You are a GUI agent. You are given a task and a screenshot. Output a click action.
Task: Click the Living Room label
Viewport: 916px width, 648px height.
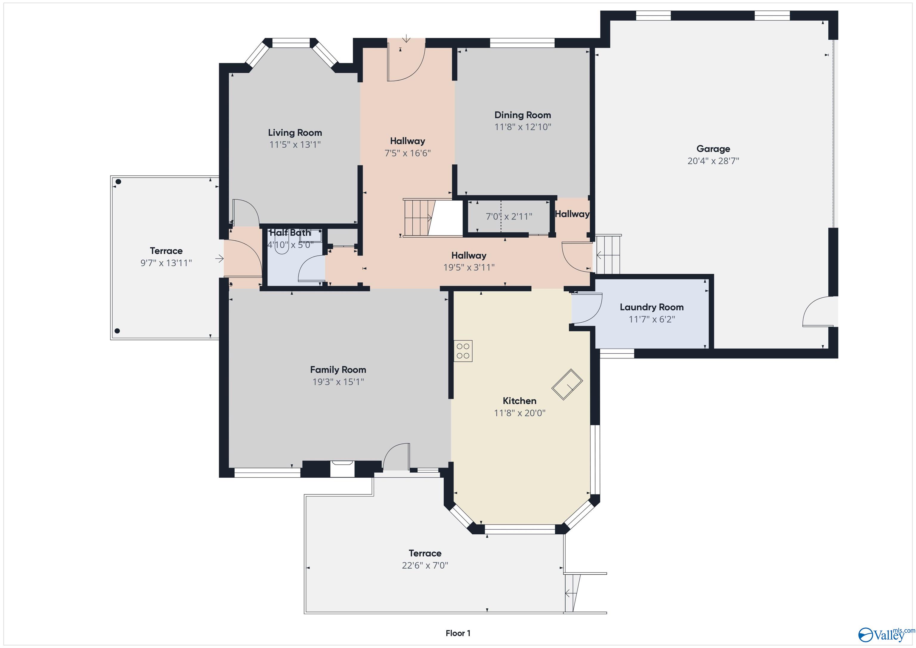coord(295,132)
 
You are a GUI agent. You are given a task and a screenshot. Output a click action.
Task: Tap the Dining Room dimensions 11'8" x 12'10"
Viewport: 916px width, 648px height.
coord(523,127)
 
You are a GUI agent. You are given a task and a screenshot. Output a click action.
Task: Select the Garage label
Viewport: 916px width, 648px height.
coord(713,149)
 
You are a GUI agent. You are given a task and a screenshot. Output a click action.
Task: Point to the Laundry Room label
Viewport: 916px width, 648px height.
coord(652,307)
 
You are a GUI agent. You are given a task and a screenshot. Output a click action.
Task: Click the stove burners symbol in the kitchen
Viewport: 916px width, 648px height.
coord(463,351)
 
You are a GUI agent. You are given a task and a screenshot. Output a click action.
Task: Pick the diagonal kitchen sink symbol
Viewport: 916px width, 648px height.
coord(567,384)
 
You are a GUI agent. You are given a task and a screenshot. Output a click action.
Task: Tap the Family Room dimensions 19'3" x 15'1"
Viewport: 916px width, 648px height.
coord(338,382)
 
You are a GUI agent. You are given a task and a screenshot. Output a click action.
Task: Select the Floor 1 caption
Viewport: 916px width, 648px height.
coord(458,633)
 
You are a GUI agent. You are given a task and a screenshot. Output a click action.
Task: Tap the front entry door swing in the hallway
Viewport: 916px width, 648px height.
coord(406,64)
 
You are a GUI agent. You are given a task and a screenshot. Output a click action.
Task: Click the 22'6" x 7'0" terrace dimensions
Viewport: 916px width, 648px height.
coord(425,565)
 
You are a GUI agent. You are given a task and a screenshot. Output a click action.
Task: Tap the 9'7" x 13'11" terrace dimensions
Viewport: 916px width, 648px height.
coord(166,263)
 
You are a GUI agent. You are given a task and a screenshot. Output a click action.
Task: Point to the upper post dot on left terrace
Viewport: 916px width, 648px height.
coord(118,182)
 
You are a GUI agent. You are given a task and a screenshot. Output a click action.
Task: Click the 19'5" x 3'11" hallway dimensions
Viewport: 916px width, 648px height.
coord(469,267)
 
